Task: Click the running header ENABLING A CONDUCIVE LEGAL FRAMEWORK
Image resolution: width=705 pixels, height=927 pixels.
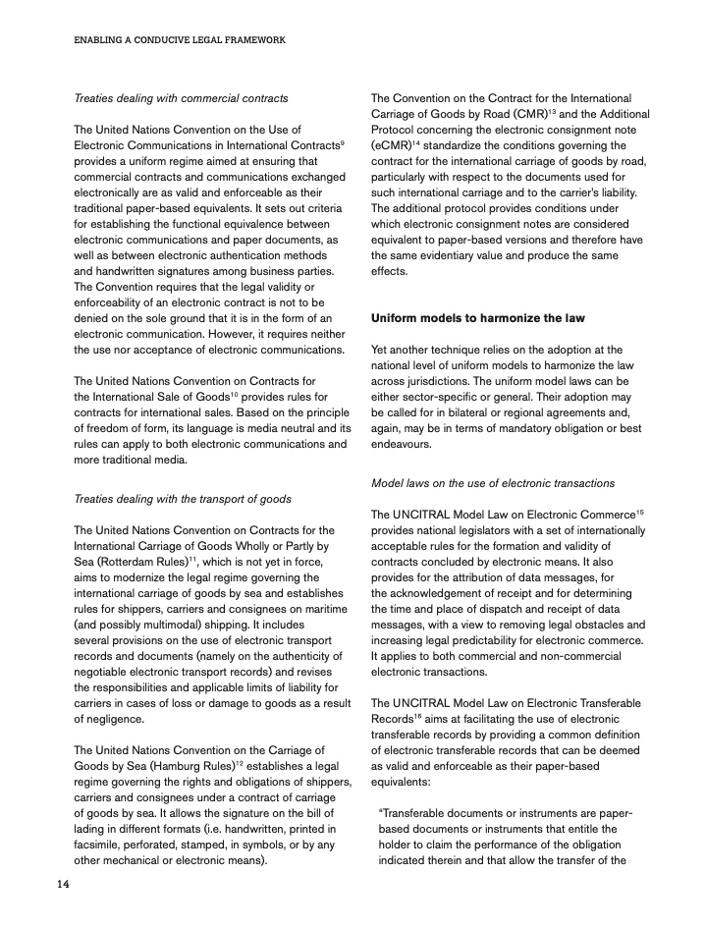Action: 180,40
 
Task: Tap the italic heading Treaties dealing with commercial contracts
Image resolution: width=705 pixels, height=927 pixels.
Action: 182,98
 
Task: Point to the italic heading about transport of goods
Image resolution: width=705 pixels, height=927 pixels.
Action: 183,499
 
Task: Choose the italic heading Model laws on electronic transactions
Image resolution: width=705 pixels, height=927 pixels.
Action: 493,482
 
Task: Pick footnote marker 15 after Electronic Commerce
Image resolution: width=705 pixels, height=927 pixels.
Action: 639,511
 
